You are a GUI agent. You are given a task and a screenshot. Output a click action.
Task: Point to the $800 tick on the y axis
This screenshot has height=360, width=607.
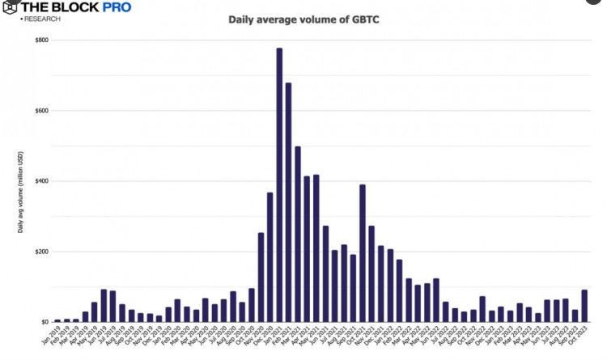coord(40,40)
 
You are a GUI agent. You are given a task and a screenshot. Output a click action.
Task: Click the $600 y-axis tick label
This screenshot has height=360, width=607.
coord(40,111)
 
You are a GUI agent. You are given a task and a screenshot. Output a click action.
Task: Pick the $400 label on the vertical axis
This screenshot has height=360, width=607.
coord(40,181)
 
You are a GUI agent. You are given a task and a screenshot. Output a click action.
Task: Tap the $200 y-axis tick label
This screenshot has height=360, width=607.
coord(40,252)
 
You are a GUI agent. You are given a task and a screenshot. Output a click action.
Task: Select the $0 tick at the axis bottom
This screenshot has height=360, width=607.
coord(44,322)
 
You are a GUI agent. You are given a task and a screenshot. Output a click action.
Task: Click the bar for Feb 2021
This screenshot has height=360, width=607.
coord(288,202)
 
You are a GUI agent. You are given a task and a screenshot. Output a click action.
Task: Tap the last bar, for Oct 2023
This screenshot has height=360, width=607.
coord(584,306)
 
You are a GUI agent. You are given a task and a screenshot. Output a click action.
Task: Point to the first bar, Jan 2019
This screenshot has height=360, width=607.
coord(57,320)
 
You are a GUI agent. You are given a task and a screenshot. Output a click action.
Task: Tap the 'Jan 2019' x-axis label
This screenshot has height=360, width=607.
coord(53,337)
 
